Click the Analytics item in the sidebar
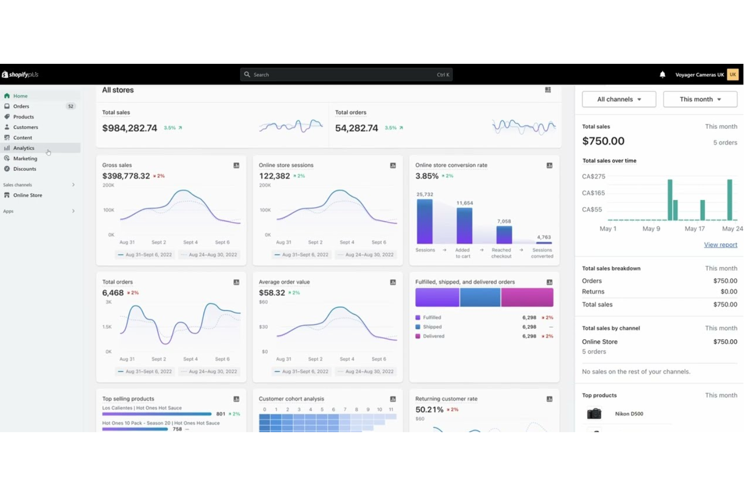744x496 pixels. click(24, 148)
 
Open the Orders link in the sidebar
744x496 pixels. click(21, 107)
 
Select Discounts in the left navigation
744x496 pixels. click(25, 169)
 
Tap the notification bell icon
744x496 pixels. click(663, 75)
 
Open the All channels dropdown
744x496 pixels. click(619, 100)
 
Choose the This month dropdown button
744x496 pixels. click(700, 100)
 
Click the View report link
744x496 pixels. click(720, 245)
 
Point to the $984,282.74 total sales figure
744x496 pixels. click(130, 128)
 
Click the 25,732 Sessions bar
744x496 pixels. click(425, 222)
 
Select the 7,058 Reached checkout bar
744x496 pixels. click(504, 235)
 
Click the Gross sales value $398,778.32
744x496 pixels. click(126, 176)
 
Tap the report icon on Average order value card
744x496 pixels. click(393, 282)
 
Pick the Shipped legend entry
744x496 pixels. click(432, 327)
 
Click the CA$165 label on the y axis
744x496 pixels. click(593, 193)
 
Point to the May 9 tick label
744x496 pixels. click(651, 229)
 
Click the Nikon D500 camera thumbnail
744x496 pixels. click(594, 414)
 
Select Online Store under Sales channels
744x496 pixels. click(28, 195)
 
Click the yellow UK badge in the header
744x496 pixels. click(733, 75)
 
